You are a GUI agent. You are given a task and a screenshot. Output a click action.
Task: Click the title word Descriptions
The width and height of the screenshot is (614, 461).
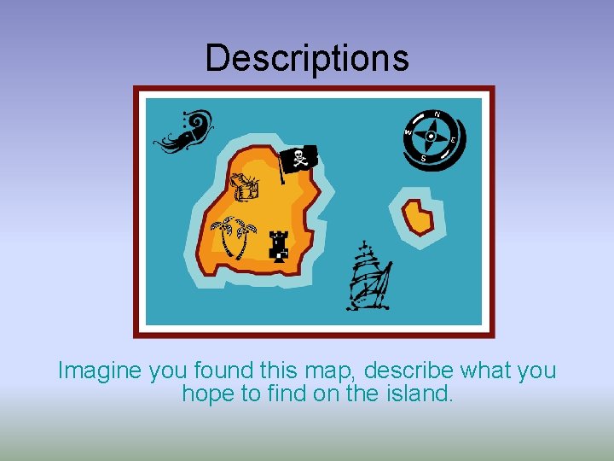(x=307, y=58)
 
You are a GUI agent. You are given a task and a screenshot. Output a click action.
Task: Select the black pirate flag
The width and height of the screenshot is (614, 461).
(x=299, y=160)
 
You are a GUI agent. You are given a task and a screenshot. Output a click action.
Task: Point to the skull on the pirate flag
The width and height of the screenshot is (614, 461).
(x=299, y=157)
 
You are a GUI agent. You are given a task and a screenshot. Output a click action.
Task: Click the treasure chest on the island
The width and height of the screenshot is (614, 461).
(x=244, y=186)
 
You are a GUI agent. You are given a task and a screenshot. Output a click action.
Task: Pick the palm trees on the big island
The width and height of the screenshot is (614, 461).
(x=232, y=236)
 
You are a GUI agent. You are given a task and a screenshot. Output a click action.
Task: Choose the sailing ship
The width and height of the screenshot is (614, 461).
(x=368, y=277)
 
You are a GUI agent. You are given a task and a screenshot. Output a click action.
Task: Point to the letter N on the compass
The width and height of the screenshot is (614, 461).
(x=437, y=114)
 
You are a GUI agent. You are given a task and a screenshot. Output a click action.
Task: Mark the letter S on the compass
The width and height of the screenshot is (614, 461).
(x=423, y=157)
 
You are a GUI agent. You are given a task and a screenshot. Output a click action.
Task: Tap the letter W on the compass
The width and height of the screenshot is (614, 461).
(x=408, y=132)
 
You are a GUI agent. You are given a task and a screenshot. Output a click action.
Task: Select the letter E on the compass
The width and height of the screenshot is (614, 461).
(x=453, y=140)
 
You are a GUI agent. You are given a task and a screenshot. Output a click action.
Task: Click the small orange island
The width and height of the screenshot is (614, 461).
(x=418, y=217)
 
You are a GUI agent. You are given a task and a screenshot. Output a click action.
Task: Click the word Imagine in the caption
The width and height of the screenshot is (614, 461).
(x=100, y=371)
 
